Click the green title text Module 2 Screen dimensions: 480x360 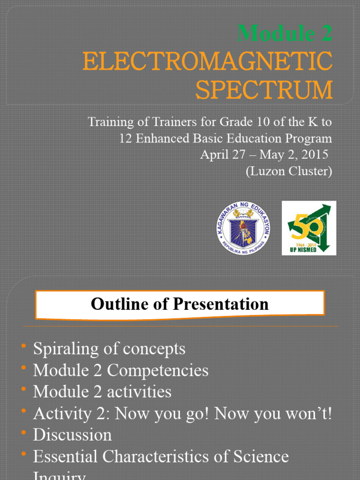click(x=285, y=33)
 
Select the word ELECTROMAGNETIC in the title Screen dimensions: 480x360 click(x=207, y=62)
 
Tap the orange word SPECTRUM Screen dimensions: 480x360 click(x=264, y=90)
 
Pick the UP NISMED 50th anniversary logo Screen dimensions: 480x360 click(x=309, y=228)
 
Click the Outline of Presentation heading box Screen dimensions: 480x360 click(x=180, y=304)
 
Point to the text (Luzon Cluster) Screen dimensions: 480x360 click(x=289, y=171)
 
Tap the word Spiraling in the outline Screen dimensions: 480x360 click(x=64, y=349)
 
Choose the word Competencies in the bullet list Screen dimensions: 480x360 click(x=157, y=370)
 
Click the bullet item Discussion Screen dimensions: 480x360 click(x=72, y=435)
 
